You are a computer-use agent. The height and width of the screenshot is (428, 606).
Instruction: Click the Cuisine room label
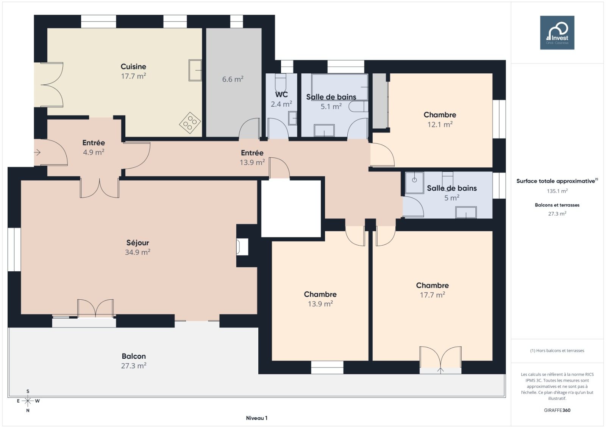tap(133, 67)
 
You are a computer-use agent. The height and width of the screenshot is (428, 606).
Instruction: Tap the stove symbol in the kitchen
tap(190, 123)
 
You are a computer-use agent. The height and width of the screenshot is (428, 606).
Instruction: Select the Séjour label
tap(138, 243)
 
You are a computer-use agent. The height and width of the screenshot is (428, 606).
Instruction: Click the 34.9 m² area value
tap(138, 252)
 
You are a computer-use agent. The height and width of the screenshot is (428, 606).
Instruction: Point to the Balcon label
tap(134, 356)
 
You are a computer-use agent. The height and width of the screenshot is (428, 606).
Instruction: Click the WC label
tap(281, 95)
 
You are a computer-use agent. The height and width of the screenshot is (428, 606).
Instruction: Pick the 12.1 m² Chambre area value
tap(440, 125)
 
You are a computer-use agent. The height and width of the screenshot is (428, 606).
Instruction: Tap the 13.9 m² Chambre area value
tap(320, 304)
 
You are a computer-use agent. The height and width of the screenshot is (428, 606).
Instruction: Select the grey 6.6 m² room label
tap(233, 79)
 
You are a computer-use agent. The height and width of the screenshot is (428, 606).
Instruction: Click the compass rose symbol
tap(28, 401)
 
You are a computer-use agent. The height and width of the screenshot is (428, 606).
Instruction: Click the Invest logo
tap(557, 33)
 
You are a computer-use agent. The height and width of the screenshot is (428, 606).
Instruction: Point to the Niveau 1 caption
tap(256, 418)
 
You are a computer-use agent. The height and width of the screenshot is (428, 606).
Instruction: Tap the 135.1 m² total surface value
tap(557, 191)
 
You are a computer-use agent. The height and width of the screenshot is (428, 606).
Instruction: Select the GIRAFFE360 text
tap(557, 410)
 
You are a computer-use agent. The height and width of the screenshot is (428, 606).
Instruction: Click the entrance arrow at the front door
tap(37, 153)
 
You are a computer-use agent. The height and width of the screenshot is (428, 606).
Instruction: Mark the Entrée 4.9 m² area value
tap(94, 152)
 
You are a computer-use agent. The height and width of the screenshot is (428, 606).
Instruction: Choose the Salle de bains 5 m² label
tap(451, 188)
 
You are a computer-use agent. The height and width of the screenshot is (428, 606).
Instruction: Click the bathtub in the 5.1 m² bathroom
tap(340, 87)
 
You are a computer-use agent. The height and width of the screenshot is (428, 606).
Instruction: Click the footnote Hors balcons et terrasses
tap(557, 351)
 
